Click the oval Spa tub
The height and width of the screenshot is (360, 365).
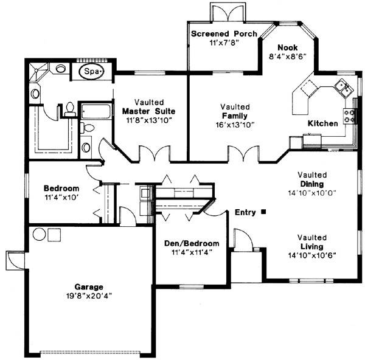tap(92, 72)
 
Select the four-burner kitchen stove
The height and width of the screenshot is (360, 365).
tap(351, 116)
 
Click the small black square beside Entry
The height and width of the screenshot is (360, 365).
tap(263, 212)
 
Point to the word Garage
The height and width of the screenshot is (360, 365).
tap(89, 287)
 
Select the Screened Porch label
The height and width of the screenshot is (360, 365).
tap(224, 33)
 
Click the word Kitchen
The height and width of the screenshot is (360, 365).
tap(322, 123)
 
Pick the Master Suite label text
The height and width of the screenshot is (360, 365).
tap(149, 111)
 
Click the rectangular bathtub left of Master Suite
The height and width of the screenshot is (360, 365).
tap(96, 112)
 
